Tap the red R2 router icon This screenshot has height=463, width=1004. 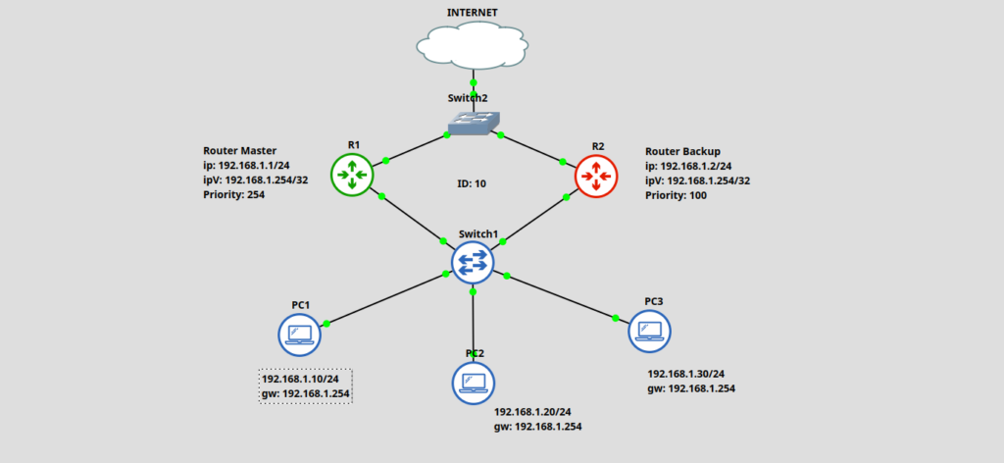point(596,176)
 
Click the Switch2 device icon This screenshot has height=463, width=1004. point(474,123)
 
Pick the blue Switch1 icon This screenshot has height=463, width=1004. point(474,263)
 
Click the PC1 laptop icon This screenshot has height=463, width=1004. point(300,336)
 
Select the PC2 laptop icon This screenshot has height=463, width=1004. point(474,383)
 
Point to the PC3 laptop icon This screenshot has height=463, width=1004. point(649,331)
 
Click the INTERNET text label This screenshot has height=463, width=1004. point(473,13)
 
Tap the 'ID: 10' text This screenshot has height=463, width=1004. point(473,182)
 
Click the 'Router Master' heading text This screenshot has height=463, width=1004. point(241,151)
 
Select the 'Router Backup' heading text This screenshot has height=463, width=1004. point(682,151)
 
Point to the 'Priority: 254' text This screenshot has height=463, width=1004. point(233,194)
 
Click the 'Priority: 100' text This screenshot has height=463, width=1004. point(676,195)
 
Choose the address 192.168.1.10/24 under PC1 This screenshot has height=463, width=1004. point(300,379)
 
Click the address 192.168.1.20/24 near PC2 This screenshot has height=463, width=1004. point(533,412)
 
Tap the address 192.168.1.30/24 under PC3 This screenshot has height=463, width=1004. point(685,374)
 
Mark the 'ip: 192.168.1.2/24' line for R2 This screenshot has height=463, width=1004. point(688,166)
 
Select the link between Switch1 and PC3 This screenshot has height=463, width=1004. point(561,296)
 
